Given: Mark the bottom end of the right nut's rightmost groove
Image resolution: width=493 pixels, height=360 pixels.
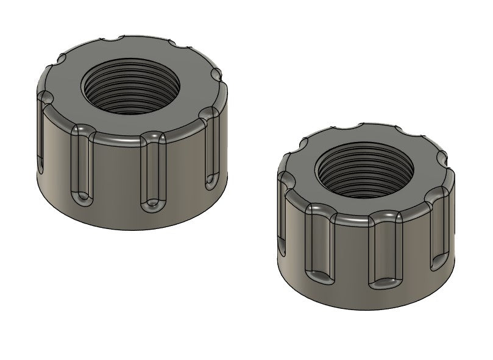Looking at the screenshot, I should tap(439, 263).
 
